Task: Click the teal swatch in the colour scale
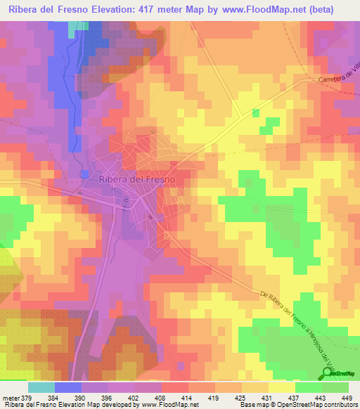[x=41, y=387]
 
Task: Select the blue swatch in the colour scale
[x=68, y=387]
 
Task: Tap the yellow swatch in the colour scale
[x=281, y=387]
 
